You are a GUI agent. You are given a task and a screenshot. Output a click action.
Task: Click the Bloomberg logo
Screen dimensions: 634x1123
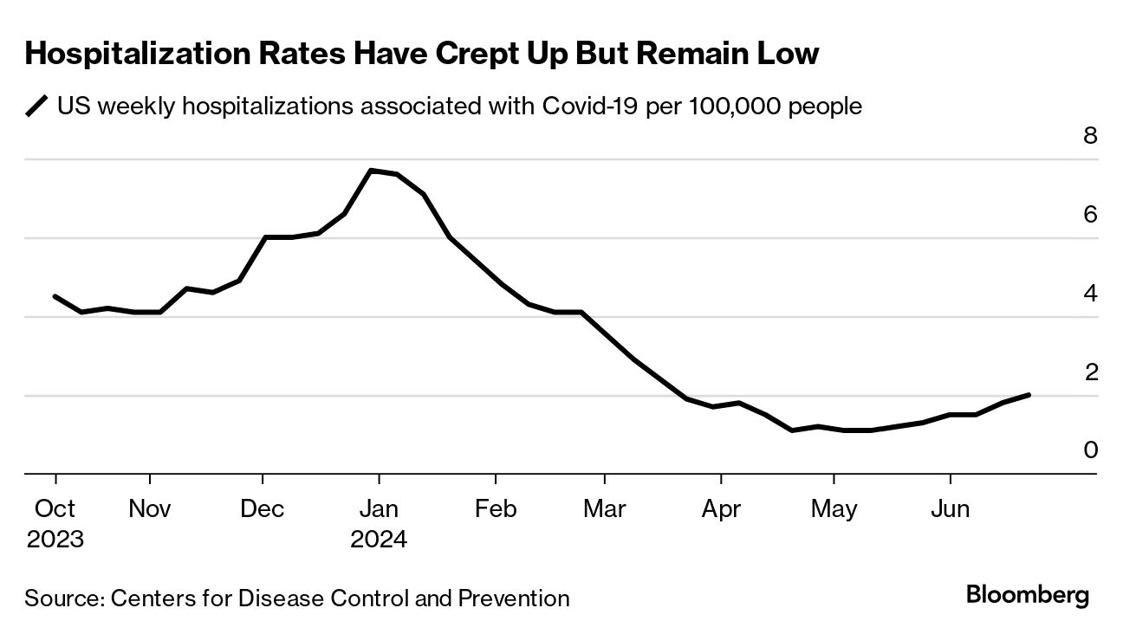pos(1027,596)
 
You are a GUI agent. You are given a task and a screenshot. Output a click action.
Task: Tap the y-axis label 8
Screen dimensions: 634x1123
pos(1090,136)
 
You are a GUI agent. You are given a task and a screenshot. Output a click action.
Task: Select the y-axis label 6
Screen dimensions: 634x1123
pos(1090,215)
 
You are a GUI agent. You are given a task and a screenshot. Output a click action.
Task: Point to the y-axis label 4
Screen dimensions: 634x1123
pos(1090,294)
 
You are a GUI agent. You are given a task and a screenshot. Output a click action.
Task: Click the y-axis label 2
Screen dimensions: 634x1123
pos(1090,372)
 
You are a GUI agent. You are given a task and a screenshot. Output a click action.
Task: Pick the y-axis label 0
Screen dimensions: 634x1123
pos(1090,450)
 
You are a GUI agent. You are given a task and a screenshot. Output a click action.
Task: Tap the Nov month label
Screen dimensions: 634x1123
pos(150,508)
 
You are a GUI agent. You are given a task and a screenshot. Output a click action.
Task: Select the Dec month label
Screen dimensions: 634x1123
pos(263,508)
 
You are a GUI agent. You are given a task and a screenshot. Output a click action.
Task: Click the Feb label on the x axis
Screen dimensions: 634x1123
pos(496,508)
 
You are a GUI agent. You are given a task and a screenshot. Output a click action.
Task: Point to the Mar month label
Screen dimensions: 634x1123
pos(605,508)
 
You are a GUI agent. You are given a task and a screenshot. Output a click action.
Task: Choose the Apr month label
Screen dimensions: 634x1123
pos(721,508)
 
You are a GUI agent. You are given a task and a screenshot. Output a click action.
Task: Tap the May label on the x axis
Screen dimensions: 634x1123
pos(834,508)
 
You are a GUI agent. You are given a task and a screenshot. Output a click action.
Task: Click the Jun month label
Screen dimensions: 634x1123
pos(951,508)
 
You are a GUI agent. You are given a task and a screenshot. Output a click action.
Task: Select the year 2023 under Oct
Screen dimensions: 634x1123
pos(55,540)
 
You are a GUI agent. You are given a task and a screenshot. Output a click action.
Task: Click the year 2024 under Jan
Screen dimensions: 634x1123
pos(379,540)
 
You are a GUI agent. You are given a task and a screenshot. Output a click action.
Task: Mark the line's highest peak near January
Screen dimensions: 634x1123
pos(371,171)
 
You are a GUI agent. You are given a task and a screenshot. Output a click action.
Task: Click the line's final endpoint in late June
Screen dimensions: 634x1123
pos(1029,395)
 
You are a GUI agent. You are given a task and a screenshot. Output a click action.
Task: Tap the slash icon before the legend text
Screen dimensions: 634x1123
pos(37,107)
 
